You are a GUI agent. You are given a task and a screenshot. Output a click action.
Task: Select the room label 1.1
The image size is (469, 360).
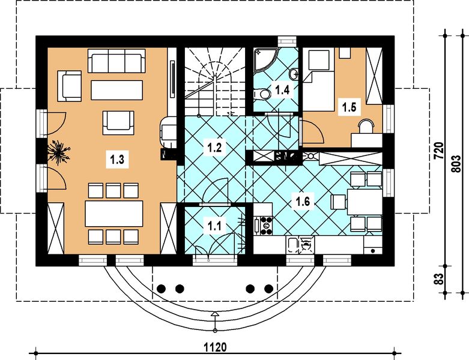click(x=214, y=226)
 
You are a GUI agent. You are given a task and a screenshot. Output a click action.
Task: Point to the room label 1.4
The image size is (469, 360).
click(x=283, y=91)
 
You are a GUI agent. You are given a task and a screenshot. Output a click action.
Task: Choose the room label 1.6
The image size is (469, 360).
click(x=302, y=201)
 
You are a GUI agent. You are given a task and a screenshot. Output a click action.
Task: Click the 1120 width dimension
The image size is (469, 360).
click(x=214, y=346)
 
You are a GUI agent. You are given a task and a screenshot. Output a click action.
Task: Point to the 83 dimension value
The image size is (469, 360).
click(x=438, y=279)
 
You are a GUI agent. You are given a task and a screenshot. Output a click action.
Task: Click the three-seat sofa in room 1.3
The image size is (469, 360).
click(x=116, y=61)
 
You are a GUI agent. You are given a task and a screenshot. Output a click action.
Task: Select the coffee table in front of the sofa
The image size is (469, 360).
click(x=117, y=90)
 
